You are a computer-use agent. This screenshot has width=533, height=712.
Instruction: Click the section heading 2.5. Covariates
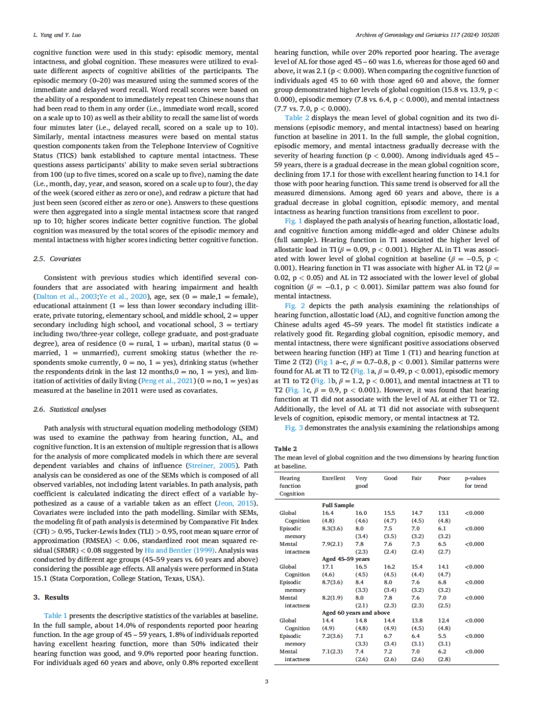(x=57, y=259)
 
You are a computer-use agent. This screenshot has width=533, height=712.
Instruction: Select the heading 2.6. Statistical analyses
(x=70, y=410)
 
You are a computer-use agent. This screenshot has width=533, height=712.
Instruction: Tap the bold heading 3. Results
(x=51, y=597)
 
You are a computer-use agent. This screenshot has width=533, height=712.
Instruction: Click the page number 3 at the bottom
(x=266, y=682)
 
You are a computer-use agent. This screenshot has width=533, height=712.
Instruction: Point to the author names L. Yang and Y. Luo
(x=57, y=35)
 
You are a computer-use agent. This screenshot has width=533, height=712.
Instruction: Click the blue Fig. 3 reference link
(x=294, y=428)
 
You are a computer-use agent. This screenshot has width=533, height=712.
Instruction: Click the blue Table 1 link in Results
(x=55, y=616)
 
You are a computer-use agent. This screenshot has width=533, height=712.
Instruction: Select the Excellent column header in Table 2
(x=334, y=478)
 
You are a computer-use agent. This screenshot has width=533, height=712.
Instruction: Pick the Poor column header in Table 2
(x=444, y=478)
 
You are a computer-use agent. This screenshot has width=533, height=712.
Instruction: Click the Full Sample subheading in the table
(x=338, y=505)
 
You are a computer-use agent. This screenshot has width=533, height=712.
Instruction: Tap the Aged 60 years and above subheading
(x=356, y=613)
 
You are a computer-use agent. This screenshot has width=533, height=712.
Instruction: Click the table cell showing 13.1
(x=443, y=513)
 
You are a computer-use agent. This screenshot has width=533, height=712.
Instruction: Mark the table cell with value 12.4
(x=443, y=621)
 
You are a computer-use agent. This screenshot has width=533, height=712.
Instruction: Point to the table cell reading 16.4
(x=328, y=513)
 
